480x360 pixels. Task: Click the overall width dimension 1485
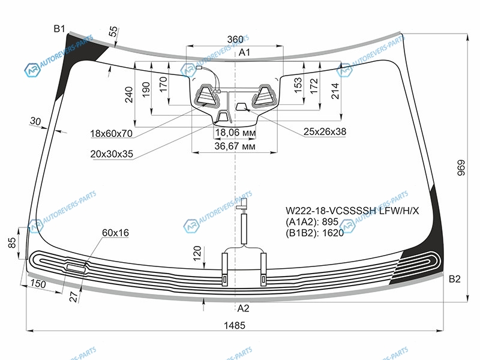(236, 325)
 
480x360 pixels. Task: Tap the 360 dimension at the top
(235, 40)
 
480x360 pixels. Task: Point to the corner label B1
(59, 29)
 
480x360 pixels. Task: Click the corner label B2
(454, 278)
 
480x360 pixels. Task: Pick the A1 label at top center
(244, 53)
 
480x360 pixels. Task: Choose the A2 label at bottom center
(243, 308)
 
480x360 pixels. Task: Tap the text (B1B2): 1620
(315, 233)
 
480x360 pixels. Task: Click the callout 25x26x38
(325, 131)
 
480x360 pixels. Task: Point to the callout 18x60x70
(112, 133)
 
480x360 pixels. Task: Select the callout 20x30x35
(112, 154)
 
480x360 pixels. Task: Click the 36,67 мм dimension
(236, 146)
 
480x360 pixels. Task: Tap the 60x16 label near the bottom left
(116, 232)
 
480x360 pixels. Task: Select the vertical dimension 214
(335, 90)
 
